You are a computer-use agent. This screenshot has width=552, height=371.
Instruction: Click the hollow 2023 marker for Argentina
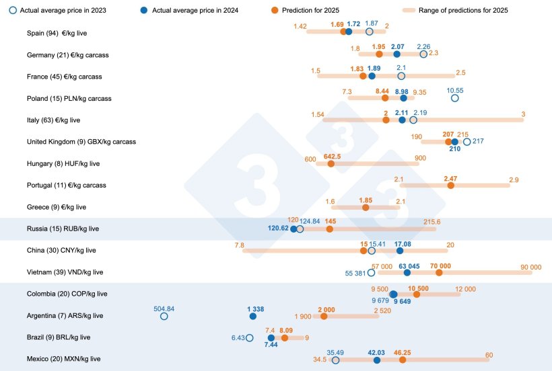point(164,316)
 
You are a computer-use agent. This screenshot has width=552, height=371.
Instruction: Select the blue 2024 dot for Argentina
point(252,316)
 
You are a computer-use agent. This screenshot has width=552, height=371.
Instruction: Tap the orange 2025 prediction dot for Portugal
point(450,185)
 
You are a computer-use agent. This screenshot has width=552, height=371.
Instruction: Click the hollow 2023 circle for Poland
point(454,98)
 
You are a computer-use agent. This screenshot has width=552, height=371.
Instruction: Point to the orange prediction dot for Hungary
point(331,163)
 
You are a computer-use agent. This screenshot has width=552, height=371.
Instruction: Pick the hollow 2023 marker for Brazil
point(250,338)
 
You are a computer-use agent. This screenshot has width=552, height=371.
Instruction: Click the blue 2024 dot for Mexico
point(376,360)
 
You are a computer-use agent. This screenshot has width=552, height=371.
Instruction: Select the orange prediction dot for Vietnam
point(440,272)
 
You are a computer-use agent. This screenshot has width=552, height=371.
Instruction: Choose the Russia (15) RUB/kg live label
point(63,229)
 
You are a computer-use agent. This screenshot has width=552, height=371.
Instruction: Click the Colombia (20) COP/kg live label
point(67,294)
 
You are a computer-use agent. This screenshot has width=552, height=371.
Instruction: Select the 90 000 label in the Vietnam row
point(530,267)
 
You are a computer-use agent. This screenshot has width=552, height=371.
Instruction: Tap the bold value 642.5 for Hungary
point(333,156)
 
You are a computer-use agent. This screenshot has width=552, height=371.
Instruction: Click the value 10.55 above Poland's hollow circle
point(455,90)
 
